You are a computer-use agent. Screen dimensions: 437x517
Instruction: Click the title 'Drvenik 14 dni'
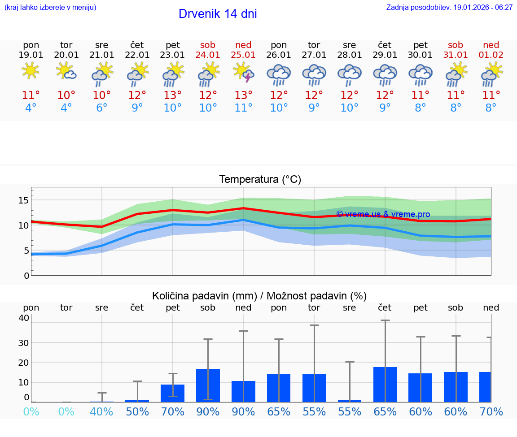[x=218, y=14]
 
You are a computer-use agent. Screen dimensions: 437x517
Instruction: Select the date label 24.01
[x=208, y=55]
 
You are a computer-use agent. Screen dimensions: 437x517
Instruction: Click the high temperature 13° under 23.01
[x=173, y=95]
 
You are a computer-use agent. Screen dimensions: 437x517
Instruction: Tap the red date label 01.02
[x=491, y=55]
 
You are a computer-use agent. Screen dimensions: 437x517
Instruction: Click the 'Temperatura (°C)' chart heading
[x=260, y=180]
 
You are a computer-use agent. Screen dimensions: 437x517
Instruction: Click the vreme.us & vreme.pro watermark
[x=383, y=214]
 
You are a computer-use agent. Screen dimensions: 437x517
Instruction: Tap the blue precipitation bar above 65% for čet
[x=385, y=384]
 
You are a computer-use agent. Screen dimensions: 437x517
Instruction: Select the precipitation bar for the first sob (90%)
[x=208, y=385]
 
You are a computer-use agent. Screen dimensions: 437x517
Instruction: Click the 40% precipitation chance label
[x=102, y=411]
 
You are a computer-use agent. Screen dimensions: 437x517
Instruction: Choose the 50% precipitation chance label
[x=137, y=411]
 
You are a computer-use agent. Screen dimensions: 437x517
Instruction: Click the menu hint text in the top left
[x=50, y=8]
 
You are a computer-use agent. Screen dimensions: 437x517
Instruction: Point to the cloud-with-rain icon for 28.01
[x=350, y=74]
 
